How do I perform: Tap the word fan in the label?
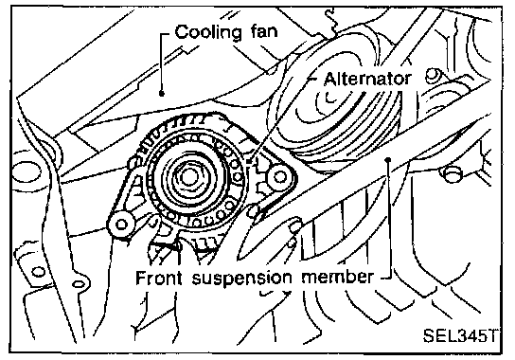264,31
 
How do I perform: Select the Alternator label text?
367,80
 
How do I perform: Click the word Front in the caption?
159,278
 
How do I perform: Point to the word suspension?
241,279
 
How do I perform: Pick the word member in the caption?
338,278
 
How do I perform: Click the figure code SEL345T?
459,335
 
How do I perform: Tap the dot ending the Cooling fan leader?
161,94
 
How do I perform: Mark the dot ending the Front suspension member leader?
388,160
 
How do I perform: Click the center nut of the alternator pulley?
187,177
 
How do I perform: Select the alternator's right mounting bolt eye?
279,177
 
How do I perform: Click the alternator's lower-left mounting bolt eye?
121,225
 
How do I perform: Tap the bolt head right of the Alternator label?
433,76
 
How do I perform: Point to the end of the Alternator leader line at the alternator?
249,162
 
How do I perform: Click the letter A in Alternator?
330,80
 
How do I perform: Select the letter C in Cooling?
182,32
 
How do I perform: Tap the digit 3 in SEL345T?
459,336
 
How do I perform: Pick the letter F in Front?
141,278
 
